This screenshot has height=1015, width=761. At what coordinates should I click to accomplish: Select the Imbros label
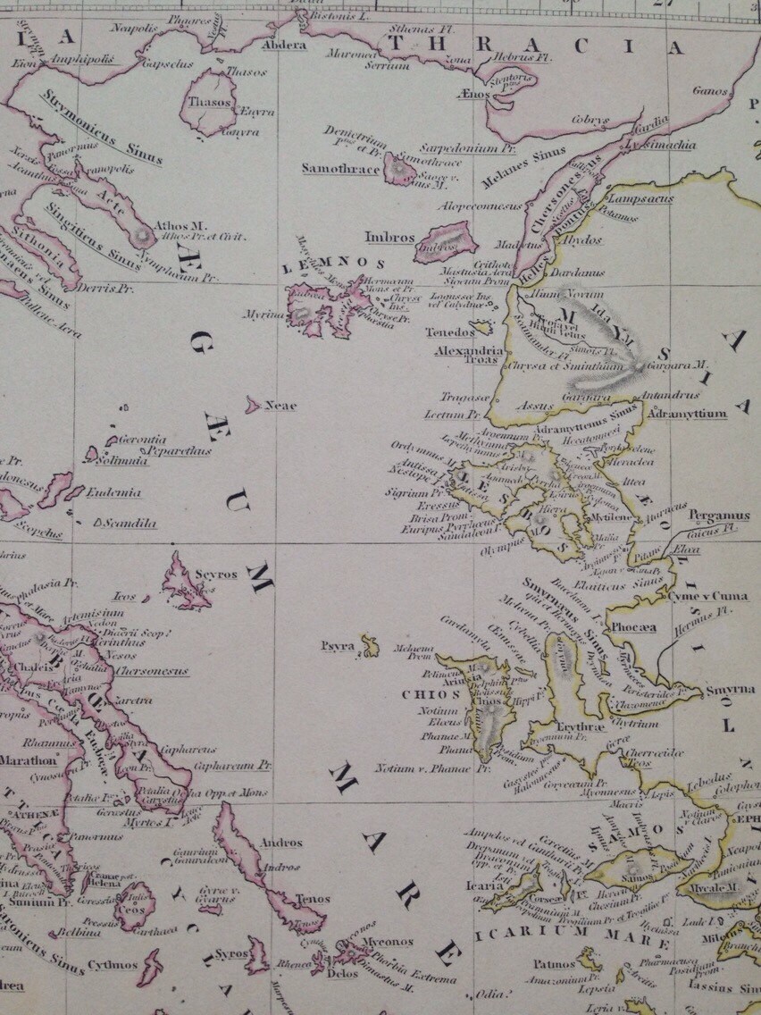389,238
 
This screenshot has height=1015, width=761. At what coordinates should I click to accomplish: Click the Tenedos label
449,332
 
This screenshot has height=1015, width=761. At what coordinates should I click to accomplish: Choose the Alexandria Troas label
469,355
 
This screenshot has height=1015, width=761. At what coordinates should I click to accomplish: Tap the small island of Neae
254,405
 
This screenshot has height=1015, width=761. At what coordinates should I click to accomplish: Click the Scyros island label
217,573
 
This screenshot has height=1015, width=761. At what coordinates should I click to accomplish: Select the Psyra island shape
370,644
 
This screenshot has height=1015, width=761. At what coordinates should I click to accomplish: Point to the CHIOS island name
419,693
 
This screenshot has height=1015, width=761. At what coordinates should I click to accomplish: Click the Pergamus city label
718,516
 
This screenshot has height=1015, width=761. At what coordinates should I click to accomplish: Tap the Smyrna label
730,690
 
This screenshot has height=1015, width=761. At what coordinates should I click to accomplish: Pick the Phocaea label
633,627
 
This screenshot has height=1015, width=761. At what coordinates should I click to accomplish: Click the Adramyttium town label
685,414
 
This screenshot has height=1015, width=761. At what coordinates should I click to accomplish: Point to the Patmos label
554,964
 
